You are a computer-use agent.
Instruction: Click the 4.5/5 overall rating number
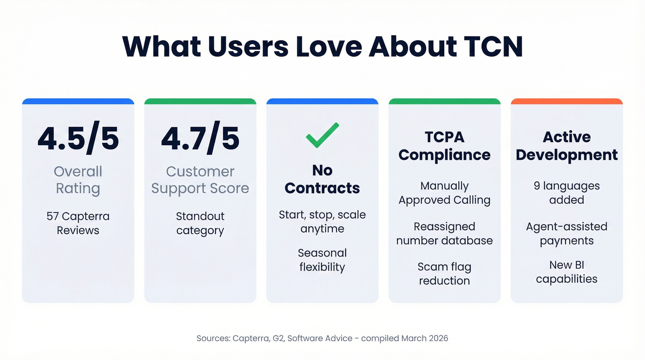coord(78,138)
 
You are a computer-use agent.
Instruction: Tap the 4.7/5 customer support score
coord(200,138)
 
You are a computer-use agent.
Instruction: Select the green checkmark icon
coord(322,135)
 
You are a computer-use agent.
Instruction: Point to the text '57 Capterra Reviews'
coord(78,223)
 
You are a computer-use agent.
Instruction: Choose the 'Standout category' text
coord(200,223)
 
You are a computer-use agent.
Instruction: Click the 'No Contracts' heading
coord(322,179)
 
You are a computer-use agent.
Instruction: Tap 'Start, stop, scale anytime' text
coord(322,222)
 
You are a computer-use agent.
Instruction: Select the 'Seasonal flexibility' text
coord(322,260)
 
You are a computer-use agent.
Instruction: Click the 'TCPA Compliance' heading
coord(444,146)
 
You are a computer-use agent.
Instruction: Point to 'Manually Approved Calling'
coord(444,193)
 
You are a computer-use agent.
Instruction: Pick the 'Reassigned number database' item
coord(444,234)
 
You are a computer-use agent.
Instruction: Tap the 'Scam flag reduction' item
coord(444,274)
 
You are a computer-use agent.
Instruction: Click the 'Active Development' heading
coord(567,146)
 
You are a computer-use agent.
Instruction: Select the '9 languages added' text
coord(567,193)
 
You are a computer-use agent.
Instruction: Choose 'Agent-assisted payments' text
coord(567,234)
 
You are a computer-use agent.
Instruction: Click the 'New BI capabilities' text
coord(567,272)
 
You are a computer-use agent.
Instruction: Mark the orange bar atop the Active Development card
coord(567,101)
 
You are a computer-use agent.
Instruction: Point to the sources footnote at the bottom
coord(322,338)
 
